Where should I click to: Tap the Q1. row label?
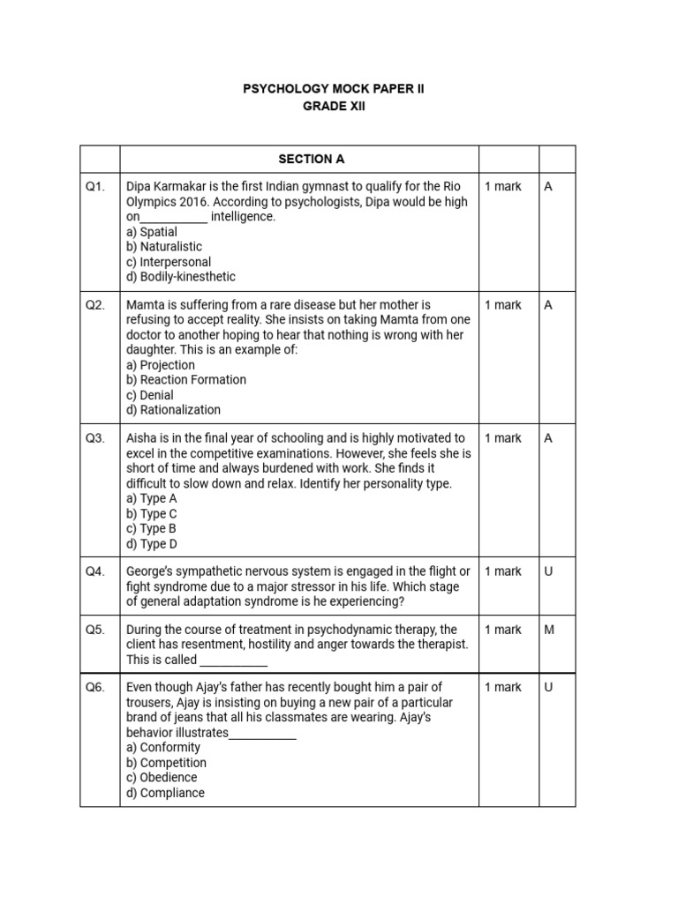(x=95, y=187)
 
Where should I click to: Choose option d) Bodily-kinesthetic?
(x=181, y=277)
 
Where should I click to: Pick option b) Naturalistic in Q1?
(x=164, y=247)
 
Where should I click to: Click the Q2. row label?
(x=95, y=305)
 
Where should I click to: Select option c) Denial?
(x=150, y=395)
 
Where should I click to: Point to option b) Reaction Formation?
(x=186, y=380)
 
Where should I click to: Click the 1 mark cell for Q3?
(x=503, y=438)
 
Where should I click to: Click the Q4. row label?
(x=95, y=571)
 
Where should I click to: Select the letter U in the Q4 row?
(x=548, y=571)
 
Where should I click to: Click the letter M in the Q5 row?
(x=548, y=630)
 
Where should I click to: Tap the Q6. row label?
(x=95, y=687)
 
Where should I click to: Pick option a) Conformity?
(x=163, y=748)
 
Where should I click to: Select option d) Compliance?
(x=166, y=793)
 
